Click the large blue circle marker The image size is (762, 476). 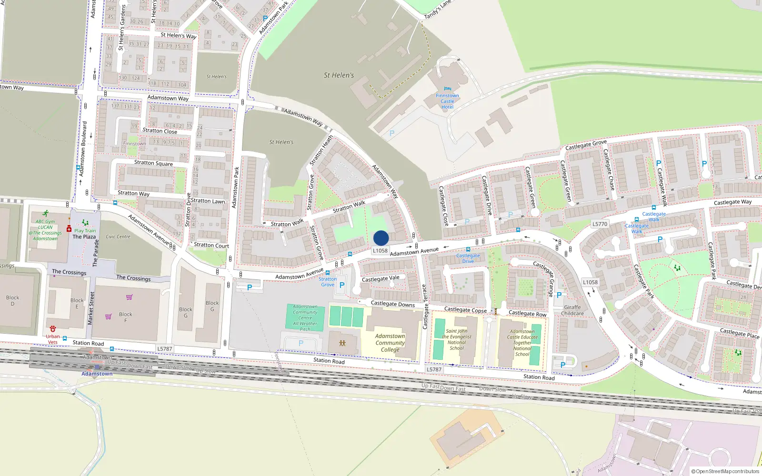[381, 238]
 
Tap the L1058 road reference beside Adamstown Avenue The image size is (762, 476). [380, 251]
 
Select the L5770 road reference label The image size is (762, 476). [600, 224]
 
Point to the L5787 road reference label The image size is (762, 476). [164, 349]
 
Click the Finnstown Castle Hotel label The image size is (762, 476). [447, 101]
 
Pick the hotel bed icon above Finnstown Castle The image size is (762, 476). [447, 89]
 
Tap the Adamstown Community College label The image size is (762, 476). [390, 343]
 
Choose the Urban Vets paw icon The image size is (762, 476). [53, 329]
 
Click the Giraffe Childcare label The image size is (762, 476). [572, 310]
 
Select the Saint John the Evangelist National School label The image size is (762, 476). [457, 339]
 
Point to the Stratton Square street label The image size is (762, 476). [153, 163]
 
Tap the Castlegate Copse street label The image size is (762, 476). [465, 310]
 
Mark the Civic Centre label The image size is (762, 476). [118, 237]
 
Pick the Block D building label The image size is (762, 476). [13, 300]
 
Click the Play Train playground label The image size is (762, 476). [85, 231]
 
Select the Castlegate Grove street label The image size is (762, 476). [586, 145]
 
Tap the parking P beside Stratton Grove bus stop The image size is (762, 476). [341, 286]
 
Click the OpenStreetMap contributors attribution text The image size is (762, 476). [725, 471]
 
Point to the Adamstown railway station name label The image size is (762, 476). [97, 374]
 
